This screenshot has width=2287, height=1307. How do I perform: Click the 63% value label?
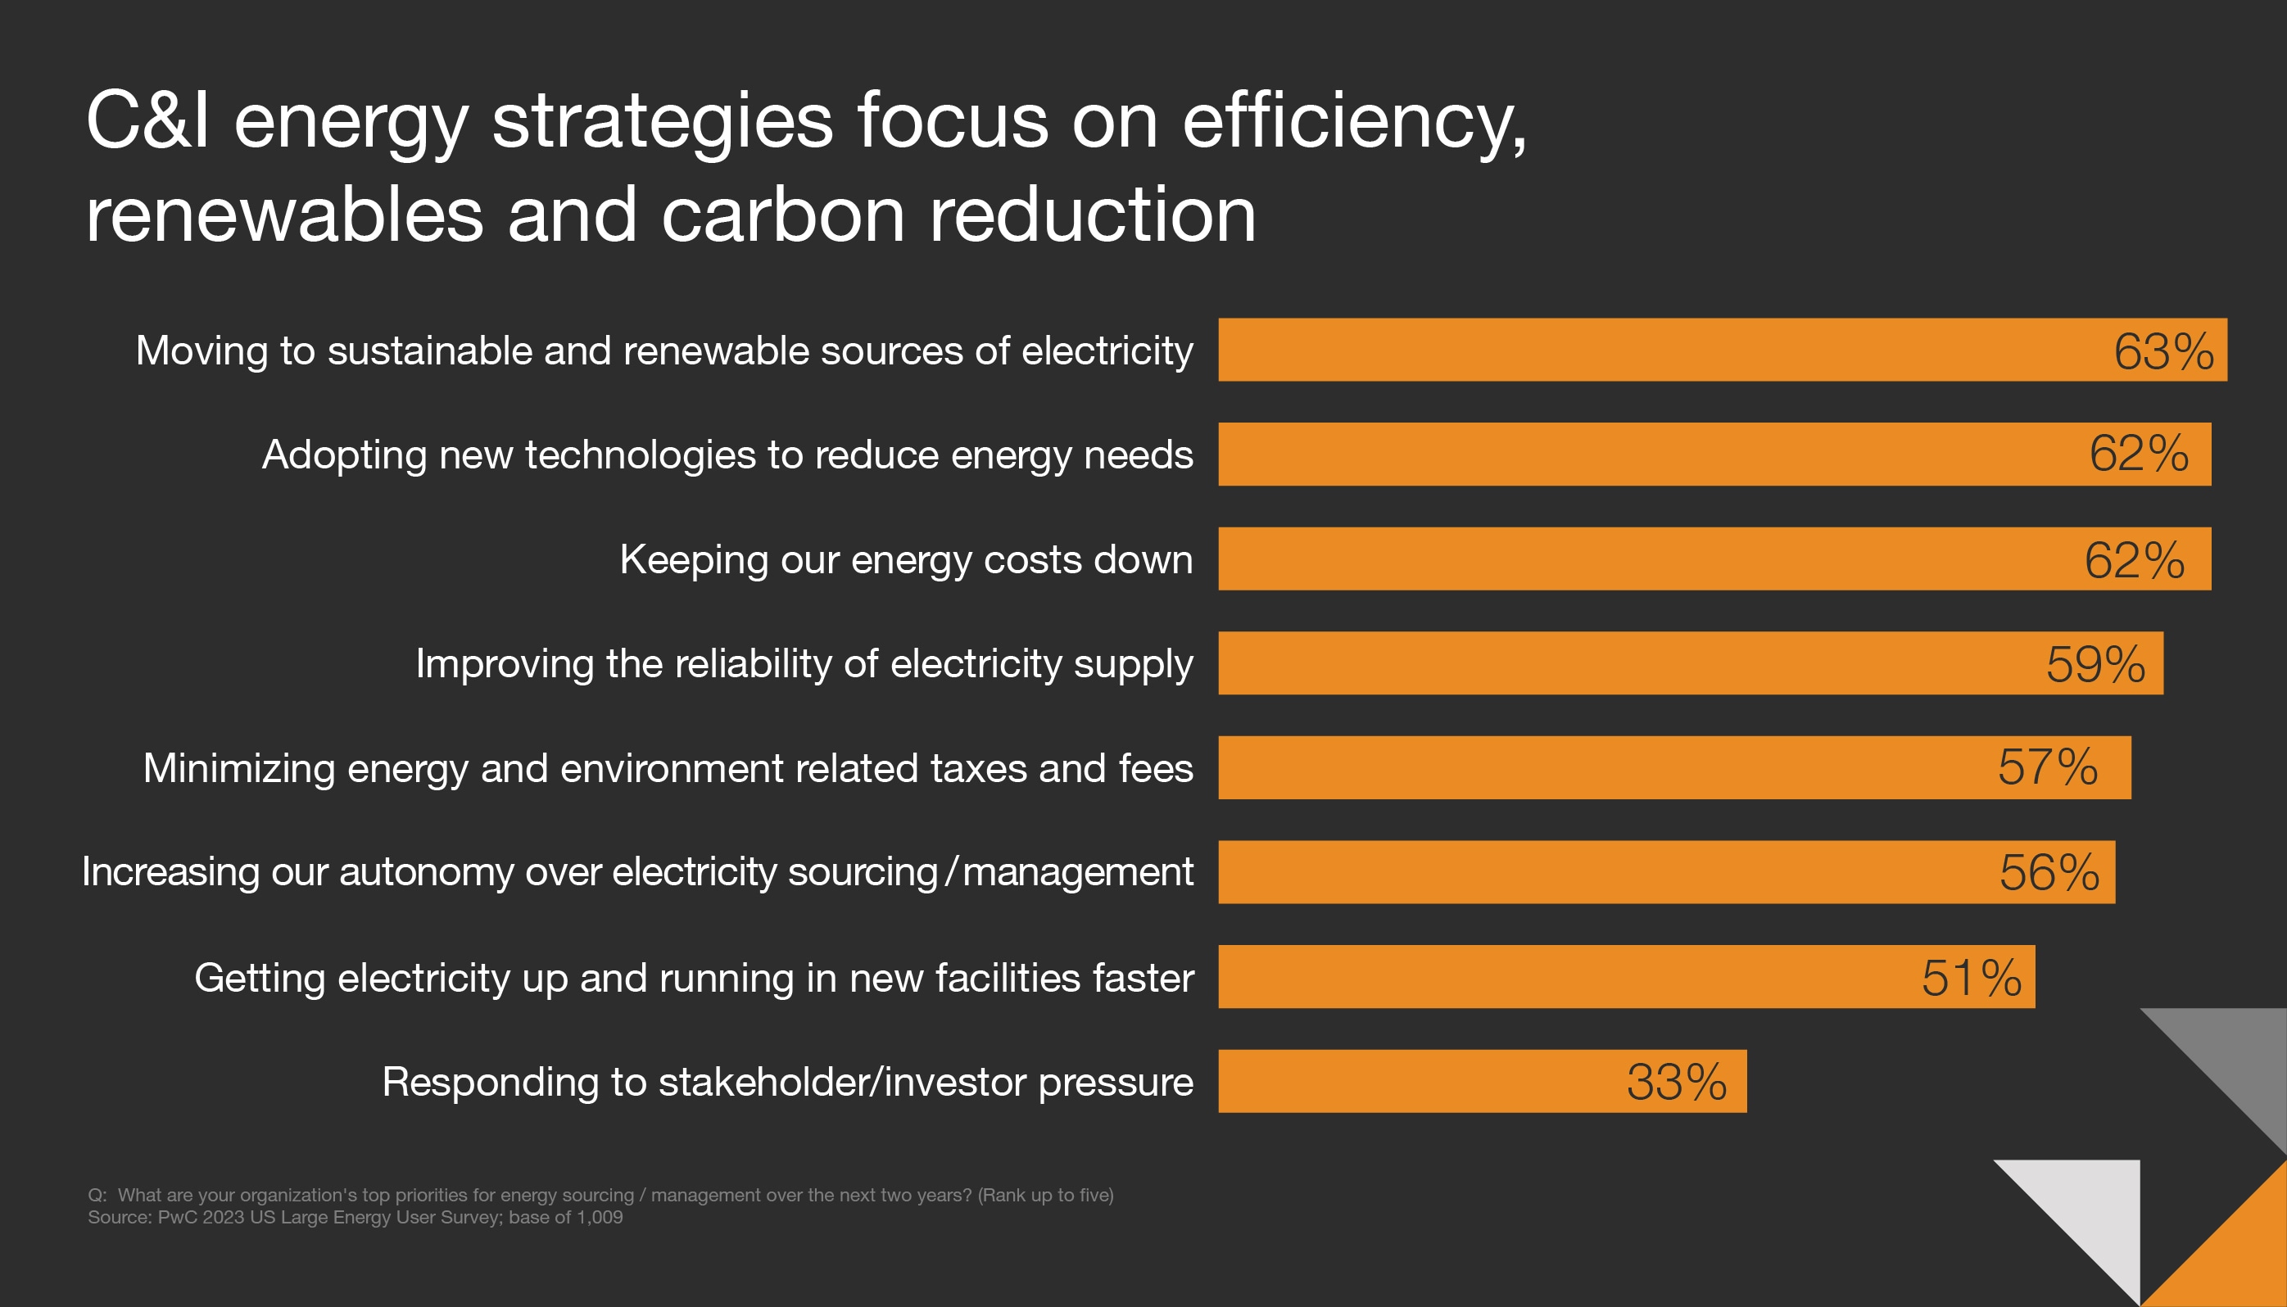(2163, 351)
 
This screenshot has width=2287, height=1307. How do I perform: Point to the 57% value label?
(2047, 767)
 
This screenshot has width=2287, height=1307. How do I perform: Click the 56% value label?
(2049, 872)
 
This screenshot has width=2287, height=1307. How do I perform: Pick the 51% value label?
(1971, 978)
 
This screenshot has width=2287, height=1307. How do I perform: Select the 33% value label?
(1677, 1082)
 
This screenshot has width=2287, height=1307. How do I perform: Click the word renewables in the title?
(284, 215)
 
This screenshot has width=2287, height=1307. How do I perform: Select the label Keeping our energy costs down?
(906, 559)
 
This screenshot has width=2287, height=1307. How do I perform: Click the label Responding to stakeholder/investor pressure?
(787, 1082)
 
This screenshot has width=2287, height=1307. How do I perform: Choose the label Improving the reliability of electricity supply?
(804, 664)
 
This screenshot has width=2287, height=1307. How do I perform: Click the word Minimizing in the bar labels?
(239, 768)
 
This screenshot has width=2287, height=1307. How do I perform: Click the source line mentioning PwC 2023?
(355, 1218)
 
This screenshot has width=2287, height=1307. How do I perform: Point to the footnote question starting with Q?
(600, 1195)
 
